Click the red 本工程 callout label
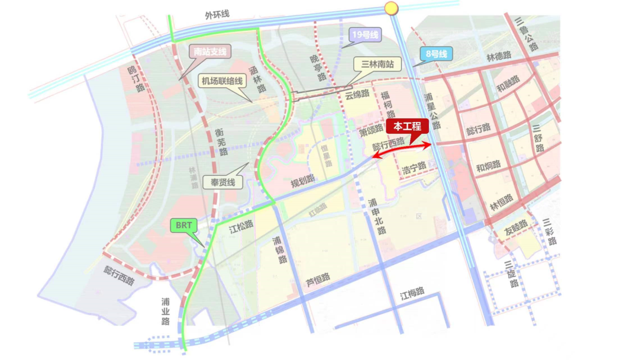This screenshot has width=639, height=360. (x=407, y=126)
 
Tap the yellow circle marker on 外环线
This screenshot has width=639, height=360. (x=390, y=8)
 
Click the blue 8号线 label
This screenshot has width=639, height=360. (x=435, y=55)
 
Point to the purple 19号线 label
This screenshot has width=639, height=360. (x=363, y=35)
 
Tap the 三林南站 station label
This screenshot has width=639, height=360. (x=375, y=64)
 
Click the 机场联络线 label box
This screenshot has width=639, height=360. (x=222, y=81)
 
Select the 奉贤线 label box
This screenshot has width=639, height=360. (x=222, y=182)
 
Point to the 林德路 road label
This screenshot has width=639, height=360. (x=498, y=57)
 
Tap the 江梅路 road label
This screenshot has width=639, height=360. (x=412, y=292)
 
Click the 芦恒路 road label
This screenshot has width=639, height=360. (x=318, y=278)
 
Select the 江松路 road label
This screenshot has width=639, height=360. (x=241, y=226)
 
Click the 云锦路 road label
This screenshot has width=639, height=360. (x=357, y=94)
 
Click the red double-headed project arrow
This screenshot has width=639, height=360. (x=402, y=149)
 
